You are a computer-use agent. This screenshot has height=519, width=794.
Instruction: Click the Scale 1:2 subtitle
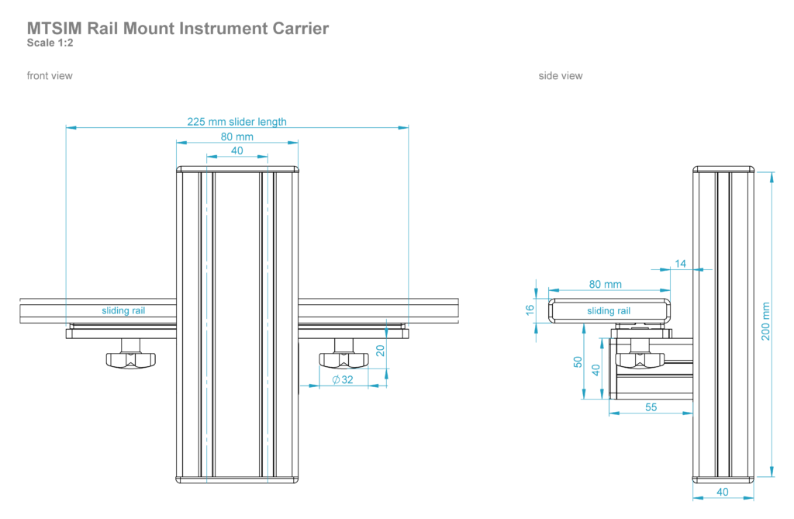tap(50, 43)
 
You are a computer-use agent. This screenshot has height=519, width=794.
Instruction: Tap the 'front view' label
tap(50, 76)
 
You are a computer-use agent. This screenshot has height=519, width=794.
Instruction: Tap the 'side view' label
tap(561, 76)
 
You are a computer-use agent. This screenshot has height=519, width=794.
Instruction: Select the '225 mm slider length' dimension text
tap(236, 122)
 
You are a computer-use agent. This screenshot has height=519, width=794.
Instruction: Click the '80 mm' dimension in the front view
tap(237, 137)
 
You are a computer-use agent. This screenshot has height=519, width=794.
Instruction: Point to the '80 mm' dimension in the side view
tap(605, 285)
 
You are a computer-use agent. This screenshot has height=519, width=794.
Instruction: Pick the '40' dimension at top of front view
tap(237, 151)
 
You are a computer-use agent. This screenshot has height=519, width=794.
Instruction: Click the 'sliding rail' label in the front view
tap(123, 311)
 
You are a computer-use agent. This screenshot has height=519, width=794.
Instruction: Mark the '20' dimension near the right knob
tap(380, 351)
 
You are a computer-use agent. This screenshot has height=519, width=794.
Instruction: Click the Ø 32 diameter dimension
tap(342, 379)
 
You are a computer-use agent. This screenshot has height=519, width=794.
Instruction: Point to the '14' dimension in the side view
tap(681, 264)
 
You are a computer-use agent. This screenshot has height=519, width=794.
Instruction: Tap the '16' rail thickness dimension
tap(530, 310)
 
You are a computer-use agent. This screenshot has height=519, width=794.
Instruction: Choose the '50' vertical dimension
tap(577, 362)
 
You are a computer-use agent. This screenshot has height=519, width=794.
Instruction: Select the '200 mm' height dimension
tap(765, 323)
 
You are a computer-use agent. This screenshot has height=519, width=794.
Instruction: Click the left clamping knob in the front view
tap(130, 359)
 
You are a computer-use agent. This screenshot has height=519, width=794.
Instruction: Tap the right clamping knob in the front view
tap(343, 359)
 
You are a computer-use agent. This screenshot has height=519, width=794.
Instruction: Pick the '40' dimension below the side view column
tap(723, 491)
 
